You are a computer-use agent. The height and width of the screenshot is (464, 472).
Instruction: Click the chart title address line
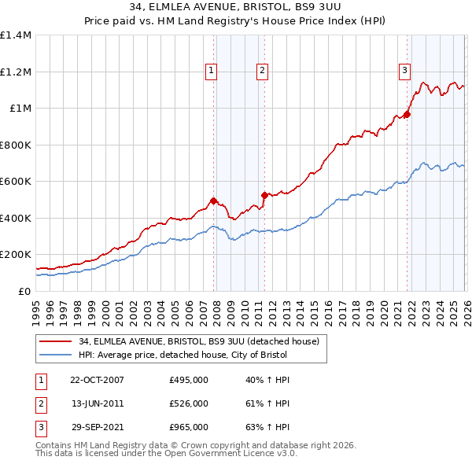click(x=235, y=6)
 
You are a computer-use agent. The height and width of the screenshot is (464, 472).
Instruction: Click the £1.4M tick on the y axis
click(x=16, y=35)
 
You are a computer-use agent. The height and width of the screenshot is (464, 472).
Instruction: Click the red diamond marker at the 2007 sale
click(x=214, y=201)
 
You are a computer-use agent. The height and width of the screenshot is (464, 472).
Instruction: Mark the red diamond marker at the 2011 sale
click(x=264, y=195)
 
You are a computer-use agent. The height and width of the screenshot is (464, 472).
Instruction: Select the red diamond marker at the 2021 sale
click(x=407, y=115)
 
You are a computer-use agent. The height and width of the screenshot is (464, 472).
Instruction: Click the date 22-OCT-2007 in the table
click(x=97, y=380)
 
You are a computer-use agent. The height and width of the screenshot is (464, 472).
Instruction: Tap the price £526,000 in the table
click(x=188, y=403)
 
